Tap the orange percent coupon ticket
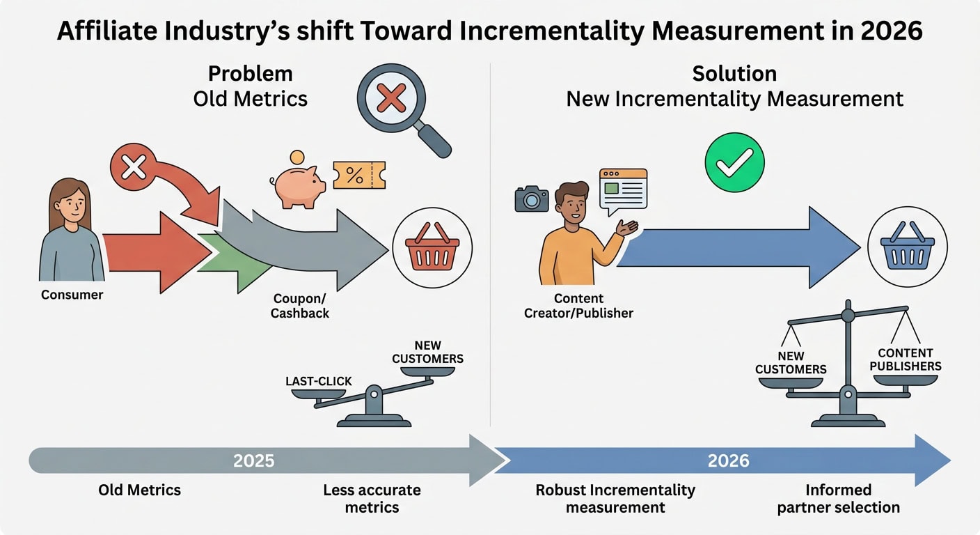(x=359, y=175)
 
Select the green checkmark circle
(x=734, y=162)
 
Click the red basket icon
(x=432, y=247)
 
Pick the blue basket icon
(x=908, y=247)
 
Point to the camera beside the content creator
(x=532, y=199)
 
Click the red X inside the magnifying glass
(x=391, y=98)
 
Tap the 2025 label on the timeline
(x=254, y=460)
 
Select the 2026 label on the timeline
(x=729, y=460)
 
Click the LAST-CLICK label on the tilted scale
(x=319, y=381)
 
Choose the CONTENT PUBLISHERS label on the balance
(x=906, y=359)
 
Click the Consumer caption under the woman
(x=72, y=295)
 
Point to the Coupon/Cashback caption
(x=300, y=306)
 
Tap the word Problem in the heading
(x=251, y=74)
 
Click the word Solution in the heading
(x=734, y=74)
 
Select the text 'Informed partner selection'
(x=838, y=498)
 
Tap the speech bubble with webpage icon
(x=623, y=191)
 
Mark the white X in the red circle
(x=134, y=166)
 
